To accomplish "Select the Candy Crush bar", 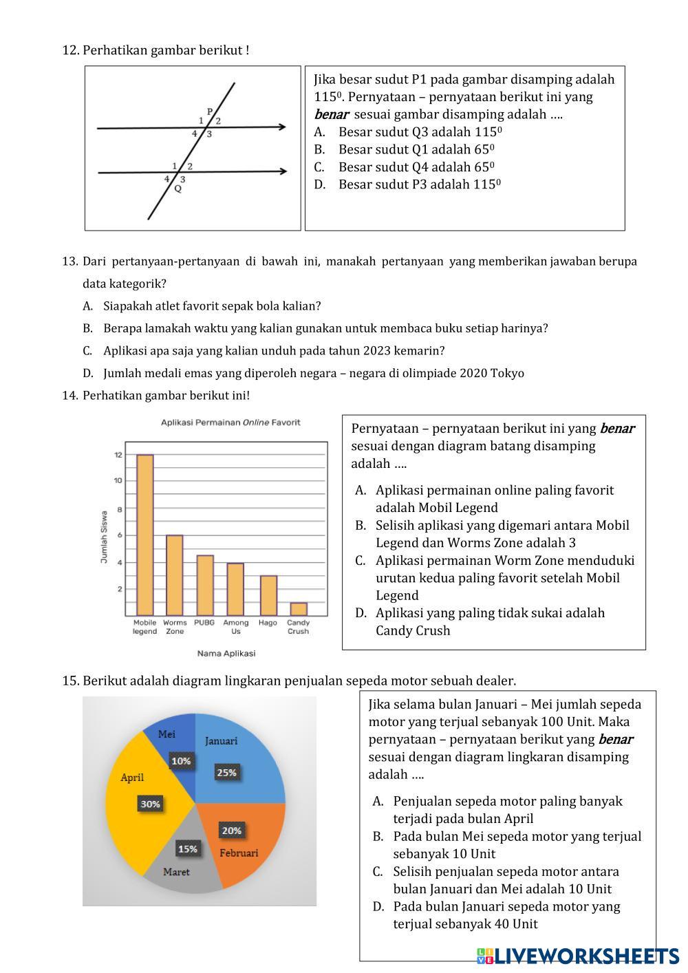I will (299, 609).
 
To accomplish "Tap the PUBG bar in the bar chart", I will (204, 585).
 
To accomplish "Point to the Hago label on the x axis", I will (268, 622).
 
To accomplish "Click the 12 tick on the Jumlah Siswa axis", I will (118, 455).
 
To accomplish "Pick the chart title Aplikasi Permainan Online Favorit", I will (230, 423).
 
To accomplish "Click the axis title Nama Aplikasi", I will (226, 653).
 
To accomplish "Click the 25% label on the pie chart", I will (227, 772).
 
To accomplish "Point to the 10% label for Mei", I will (182, 761).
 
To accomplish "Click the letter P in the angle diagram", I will (210, 111).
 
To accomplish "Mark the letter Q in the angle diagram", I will (178, 189).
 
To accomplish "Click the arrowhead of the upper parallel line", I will (282, 127).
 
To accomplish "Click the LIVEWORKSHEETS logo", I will (578, 956).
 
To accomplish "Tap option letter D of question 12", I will (319, 184).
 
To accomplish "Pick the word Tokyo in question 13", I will (508, 373).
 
